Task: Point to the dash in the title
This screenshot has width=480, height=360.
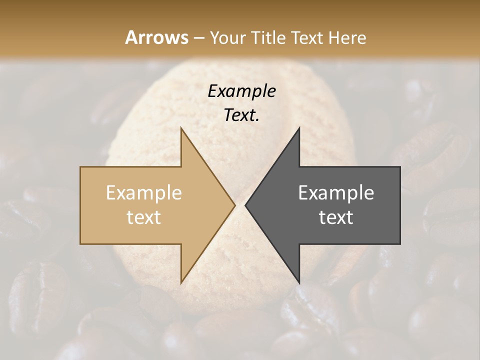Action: pos(198,38)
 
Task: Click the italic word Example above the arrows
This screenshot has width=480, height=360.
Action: pos(242,91)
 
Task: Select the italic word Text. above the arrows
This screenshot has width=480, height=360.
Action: pos(242,115)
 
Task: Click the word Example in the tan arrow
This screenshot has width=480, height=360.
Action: pos(144,193)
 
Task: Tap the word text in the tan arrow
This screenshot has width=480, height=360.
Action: pos(144,217)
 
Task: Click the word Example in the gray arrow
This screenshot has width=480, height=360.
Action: pos(336,193)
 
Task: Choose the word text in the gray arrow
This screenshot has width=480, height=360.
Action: pos(336,217)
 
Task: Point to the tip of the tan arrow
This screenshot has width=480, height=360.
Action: pos(235,205)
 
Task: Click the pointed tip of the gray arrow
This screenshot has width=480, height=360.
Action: pos(245,205)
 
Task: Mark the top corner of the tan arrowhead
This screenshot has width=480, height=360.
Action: pos(181,128)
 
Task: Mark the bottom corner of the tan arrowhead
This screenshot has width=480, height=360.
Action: pos(181,283)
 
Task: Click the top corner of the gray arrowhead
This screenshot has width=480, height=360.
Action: pos(299,128)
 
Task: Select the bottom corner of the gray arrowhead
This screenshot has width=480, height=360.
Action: pos(299,283)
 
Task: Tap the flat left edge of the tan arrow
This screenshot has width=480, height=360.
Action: pos(80,205)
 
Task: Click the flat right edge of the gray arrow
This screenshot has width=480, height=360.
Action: pos(400,205)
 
